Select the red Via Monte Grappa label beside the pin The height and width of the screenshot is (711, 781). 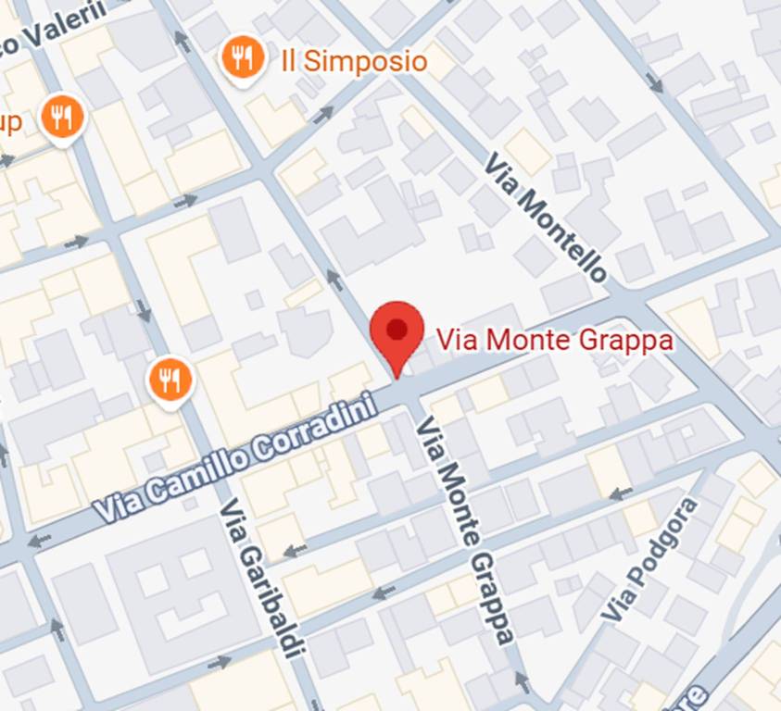[554, 340]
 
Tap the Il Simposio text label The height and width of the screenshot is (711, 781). [353, 62]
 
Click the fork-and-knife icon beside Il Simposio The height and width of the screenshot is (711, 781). [243, 60]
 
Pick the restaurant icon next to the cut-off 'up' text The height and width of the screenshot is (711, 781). [63, 119]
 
